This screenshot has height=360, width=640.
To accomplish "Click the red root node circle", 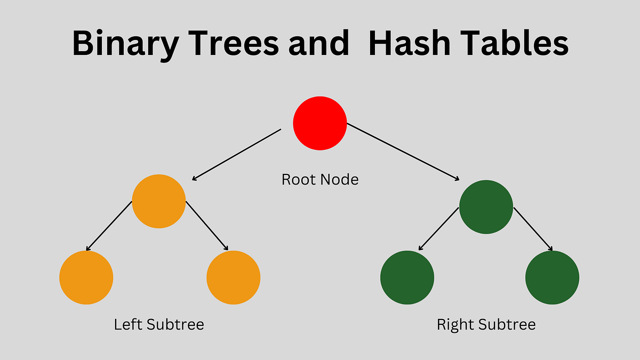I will [320, 123].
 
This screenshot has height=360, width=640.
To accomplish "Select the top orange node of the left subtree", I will [158, 201].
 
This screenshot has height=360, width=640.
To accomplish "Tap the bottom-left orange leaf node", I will [86, 278].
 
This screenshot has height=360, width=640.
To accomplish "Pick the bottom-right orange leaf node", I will [233, 278].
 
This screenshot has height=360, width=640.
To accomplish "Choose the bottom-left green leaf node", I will [407, 278].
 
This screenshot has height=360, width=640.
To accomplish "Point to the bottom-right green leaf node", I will [552, 278].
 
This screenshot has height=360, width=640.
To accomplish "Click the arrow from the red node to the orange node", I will [236, 155].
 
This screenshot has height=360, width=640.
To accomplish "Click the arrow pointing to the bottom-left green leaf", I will [438, 229].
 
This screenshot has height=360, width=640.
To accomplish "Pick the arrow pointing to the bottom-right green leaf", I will [533, 229].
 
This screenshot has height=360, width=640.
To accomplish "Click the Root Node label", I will [320, 180].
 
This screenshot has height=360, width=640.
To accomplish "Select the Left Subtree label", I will [159, 324].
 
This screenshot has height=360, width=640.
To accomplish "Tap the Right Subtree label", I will [486, 324].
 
